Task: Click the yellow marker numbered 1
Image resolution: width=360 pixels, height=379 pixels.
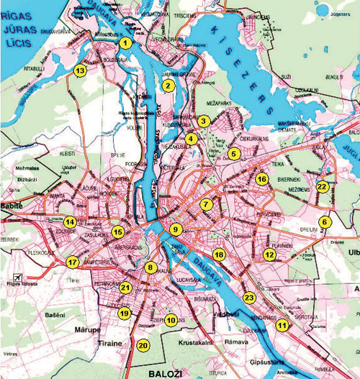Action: [126, 43]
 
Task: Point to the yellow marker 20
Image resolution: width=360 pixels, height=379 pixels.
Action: [143, 345]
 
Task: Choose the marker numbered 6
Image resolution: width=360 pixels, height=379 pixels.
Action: [325, 222]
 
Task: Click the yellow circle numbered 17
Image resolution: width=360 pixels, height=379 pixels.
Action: [72, 262]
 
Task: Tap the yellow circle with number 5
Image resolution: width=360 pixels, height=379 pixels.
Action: [234, 153]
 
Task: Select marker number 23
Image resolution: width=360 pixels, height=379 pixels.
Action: [250, 296]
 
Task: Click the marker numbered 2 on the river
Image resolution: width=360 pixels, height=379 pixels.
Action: [168, 86]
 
